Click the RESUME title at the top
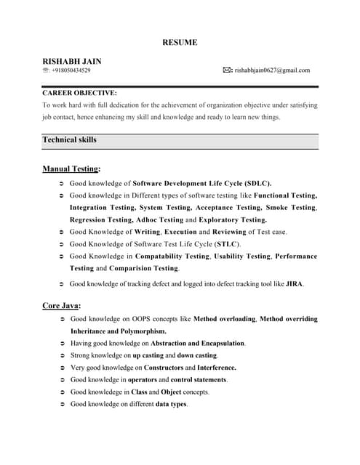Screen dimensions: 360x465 [180, 43]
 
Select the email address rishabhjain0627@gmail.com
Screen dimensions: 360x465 [272, 70]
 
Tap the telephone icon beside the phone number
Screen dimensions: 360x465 [46, 70]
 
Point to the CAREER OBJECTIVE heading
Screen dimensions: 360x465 [79, 93]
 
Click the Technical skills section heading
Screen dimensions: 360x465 [69, 139]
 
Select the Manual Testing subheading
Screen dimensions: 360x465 [71, 169]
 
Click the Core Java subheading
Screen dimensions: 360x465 [61, 306]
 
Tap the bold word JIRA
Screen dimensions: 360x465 [294, 283]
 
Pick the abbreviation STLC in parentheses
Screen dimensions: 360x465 [227, 243]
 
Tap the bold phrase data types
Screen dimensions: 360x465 [171, 404]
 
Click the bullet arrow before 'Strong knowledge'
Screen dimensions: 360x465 [62, 355]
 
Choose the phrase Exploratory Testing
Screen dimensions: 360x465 [232, 219]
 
